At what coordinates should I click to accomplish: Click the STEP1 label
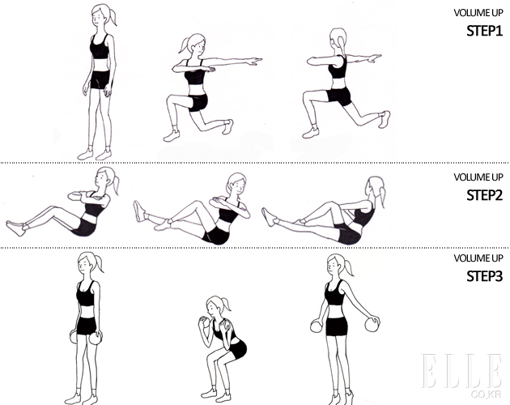click(485, 31)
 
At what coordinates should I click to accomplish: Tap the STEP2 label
click(485, 195)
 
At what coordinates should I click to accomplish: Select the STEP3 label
click(485, 276)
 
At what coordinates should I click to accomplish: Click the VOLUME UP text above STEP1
click(478, 13)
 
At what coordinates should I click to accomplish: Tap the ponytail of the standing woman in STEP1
click(113, 17)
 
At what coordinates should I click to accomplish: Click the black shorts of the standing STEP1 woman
click(100, 79)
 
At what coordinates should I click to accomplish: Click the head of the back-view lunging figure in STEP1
click(338, 40)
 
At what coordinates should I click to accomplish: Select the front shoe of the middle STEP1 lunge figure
click(172, 135)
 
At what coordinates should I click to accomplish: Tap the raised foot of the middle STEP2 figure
click(139, 211)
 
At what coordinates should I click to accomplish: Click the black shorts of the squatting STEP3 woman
click(238, 349)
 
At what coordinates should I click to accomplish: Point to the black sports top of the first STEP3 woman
click(86, 293)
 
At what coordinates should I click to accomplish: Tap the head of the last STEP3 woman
click(338, 266)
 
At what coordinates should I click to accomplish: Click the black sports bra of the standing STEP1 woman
click(100, 48)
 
